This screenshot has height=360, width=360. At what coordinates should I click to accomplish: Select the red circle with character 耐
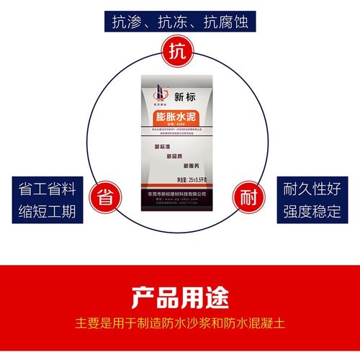[248, 197]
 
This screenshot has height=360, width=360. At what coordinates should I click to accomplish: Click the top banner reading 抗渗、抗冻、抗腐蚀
[180, 22]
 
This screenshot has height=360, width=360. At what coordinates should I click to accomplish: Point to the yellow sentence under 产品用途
[180, 322]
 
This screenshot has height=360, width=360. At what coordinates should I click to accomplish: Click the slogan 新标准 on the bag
[166, 148]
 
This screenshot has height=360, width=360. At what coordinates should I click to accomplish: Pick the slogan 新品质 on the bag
[178, 156]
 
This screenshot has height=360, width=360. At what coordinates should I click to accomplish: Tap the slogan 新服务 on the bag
[194, 166]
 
